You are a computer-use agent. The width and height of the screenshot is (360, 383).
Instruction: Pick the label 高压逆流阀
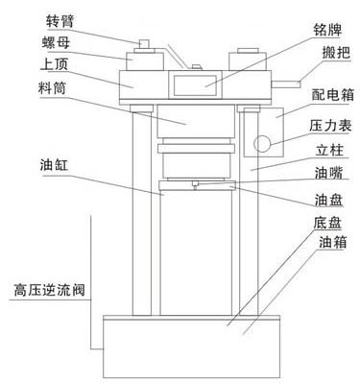(x=46, y=287)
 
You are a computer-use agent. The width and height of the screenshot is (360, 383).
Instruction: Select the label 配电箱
(x=321, y=98)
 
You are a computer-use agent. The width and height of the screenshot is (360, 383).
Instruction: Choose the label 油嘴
(x=321, y=175)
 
